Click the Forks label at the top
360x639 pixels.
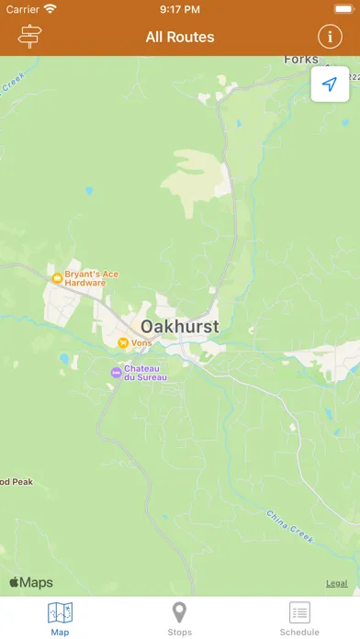pos(300,60)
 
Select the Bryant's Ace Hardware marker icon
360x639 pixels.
pos(57,277)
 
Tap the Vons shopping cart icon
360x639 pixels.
pos(121,342)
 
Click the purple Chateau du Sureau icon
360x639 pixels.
pos(115,372)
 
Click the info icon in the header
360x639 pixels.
pos(329,37)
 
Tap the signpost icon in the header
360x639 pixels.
pos(30,37)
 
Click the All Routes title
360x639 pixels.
pos(180,38)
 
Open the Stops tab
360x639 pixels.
pos(180,618)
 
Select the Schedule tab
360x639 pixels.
pos(299,618)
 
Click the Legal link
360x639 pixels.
pos(337,583)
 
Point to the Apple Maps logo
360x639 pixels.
pos(31,582)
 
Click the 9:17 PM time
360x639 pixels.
pos(180,9)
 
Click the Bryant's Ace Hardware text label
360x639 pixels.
pos(85,278)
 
